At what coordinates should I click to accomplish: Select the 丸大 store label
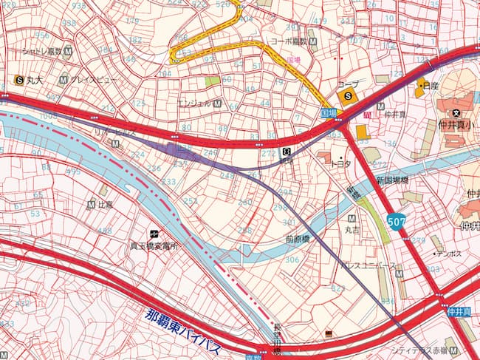click(35, 79)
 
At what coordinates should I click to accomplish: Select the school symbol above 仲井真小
click(457, 112)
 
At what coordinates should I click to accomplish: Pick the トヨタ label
click(340, 164)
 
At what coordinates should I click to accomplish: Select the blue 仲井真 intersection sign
click(458, 313)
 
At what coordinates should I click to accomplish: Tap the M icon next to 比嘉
click(90, 205)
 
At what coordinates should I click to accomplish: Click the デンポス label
click(448, 253)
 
